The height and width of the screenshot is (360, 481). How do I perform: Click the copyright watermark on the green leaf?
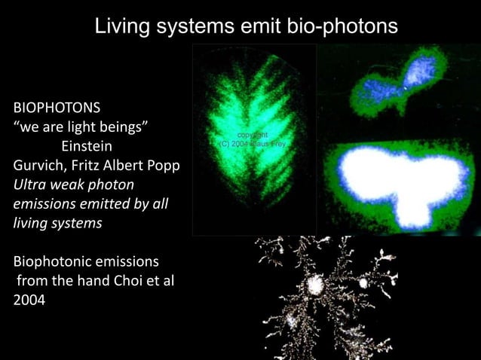tap(252, 139)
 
